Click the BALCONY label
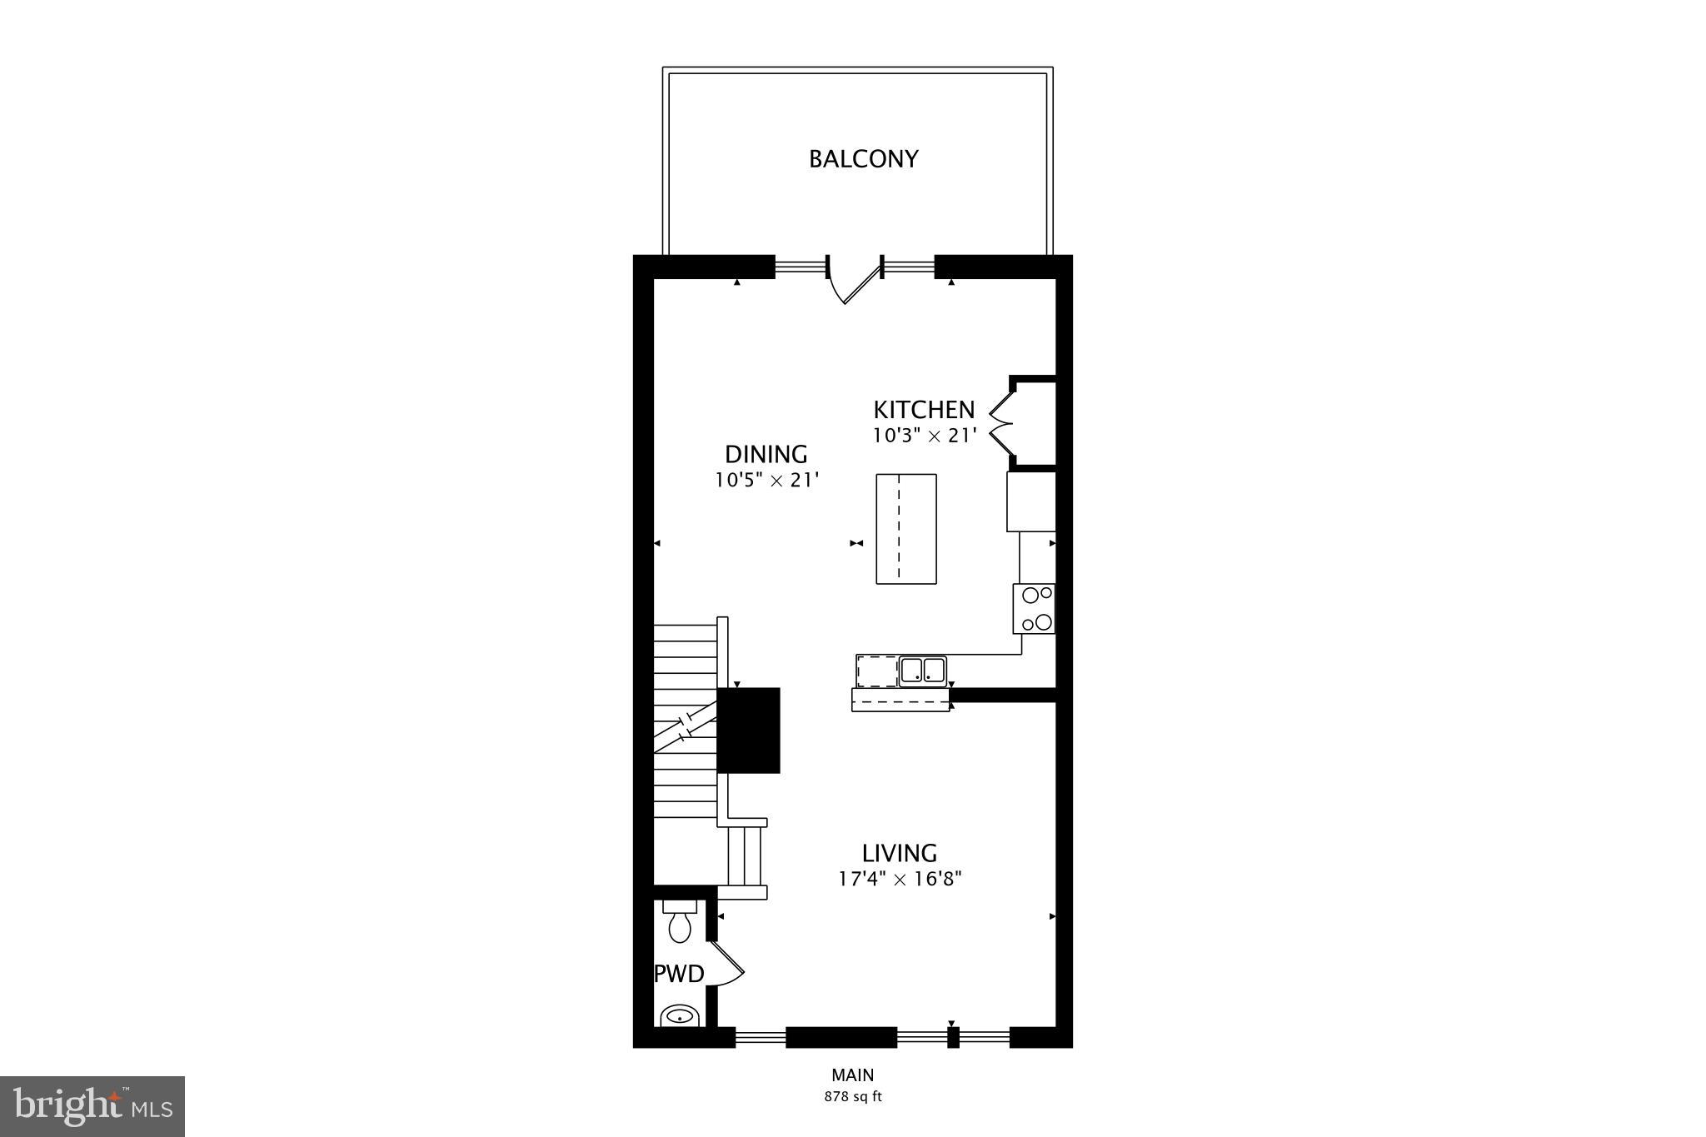pos(863,159)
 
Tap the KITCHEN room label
pos(923,410)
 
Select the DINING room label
pos(766,454)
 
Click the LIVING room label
pos(899,853)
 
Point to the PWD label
pos(679,973)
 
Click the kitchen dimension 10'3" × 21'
pos(923,435)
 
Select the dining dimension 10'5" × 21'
pos(766,481)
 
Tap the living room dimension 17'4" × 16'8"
pos(900,878)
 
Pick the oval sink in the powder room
pos(681,1016)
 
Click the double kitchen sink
pos(922,671)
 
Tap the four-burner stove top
pos(1034,609)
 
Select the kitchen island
pos(905,528)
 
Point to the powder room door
pos(726,965)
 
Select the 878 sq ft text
pos(852,1097)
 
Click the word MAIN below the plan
pos(852,1075)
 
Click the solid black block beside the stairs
pos(748,730)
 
